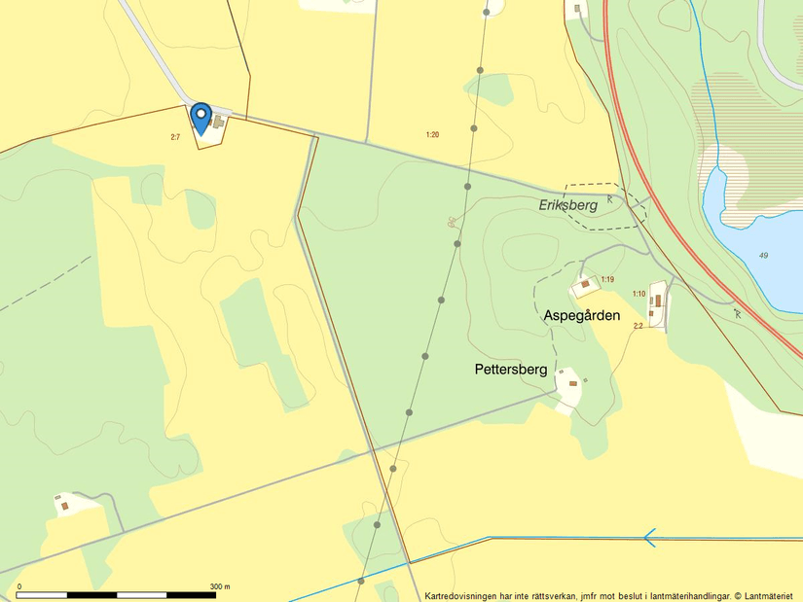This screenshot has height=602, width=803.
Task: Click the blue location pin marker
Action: click(201, 117)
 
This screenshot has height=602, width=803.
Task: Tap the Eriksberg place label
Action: click(567, 205)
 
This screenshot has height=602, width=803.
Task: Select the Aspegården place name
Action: click(581, 315)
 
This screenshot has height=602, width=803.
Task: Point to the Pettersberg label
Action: click(511, 370)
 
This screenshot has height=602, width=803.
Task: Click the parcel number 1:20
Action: click(432, 134)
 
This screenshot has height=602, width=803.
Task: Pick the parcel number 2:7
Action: click(175, 137)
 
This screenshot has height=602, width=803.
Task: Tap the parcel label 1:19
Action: click(607, 279)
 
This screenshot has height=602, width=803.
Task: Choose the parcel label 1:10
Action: click(639, 294)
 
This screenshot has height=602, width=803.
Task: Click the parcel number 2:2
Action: click(638, 326)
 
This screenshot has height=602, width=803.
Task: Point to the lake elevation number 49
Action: click(763, 256)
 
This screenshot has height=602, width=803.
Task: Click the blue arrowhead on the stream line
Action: click(649, 537)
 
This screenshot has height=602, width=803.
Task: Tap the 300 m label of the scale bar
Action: click(221, 586)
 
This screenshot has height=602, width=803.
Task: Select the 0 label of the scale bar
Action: click(19, 586)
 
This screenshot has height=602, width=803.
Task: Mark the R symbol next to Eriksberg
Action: click(610, 198)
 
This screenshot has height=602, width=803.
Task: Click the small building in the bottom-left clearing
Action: click(65, 505)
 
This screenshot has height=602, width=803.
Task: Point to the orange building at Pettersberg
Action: click(572, 383)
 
